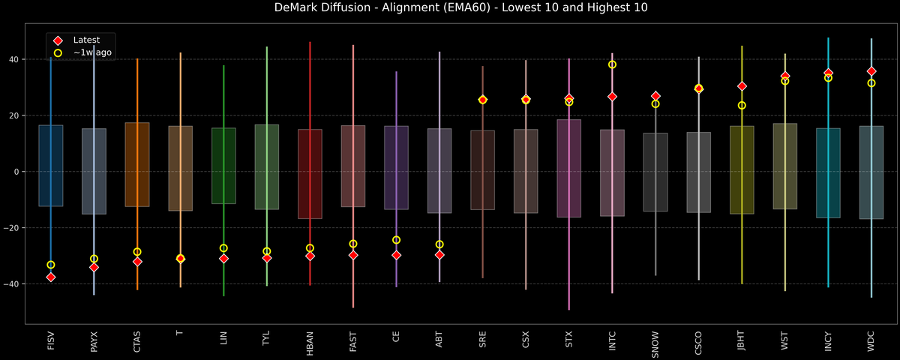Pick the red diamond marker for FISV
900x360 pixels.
tap(51, 277)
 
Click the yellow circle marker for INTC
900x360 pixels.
tap(612, 64)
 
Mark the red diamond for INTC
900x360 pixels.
tap(612, 97)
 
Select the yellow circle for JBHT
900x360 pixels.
tap(742, 105)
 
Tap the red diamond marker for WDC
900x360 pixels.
tap(871, 71)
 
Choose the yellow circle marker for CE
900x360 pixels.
tap(396, 240)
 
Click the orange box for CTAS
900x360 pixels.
tap(137, 164)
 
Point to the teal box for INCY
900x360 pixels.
tap(828, 172)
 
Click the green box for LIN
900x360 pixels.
tap(223, 166)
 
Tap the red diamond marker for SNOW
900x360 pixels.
tap(655, 96)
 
